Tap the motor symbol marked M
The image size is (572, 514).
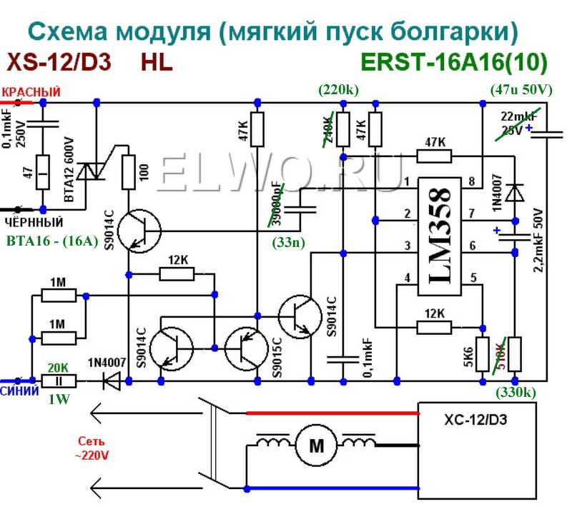(x=316, y=446)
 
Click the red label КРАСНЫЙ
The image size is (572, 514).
(x=31, y=93)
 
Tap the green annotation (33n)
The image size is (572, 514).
(x=289, y=242)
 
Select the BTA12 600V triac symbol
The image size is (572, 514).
(x=89, y=171)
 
